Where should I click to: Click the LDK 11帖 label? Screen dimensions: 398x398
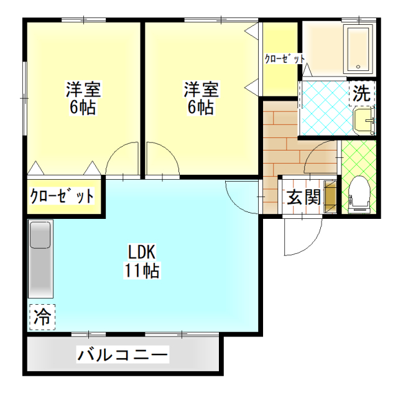(x=144, y=261)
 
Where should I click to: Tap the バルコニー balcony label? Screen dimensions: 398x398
(x=123, y=356)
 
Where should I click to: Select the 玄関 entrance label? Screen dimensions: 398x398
(x=303, y=197)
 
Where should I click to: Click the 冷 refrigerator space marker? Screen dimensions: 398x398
(x=42, y=315)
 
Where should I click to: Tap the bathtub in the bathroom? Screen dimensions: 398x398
(x=358, y=49)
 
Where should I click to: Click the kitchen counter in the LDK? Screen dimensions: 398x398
(x=42, y=259)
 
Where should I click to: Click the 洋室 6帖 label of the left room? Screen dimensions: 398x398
(x=83, y=98)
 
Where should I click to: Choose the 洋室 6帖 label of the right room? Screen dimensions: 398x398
(x=200, y=98)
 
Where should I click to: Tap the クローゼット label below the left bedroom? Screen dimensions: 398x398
(x=62, y=197)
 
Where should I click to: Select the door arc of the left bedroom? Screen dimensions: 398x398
(x=123, y=160)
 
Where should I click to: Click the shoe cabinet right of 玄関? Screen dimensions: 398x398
(x=331, y=197)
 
